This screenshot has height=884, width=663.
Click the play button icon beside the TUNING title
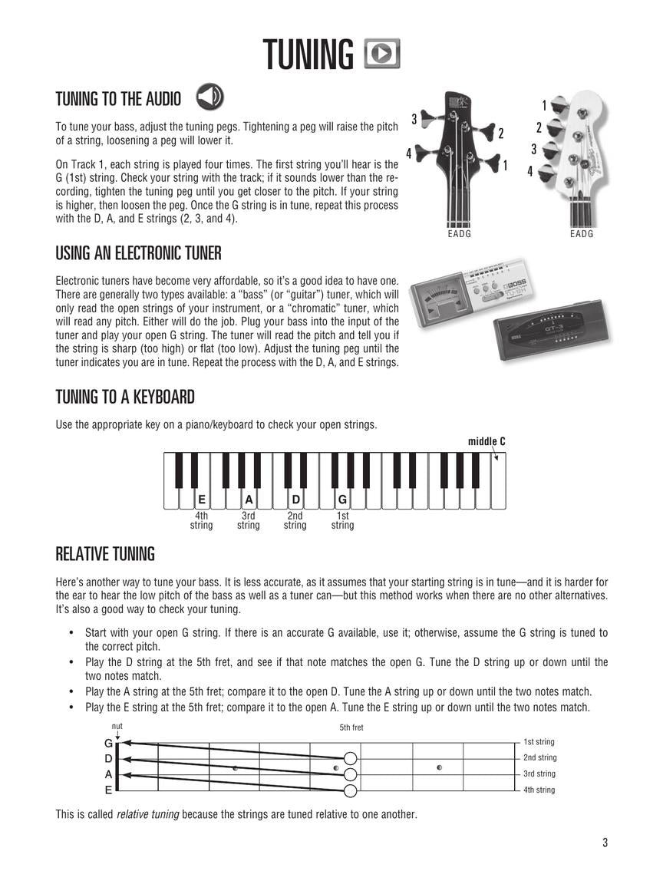[382, 54]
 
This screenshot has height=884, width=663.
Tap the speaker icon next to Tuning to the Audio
[209, 97]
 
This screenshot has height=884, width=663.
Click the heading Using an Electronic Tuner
[138, 253]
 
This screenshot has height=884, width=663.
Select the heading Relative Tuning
[105, 554]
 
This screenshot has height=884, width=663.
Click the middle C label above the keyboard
[487, 441]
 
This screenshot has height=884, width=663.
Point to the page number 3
[605, 843]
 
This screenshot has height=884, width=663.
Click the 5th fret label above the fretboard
[351, 727]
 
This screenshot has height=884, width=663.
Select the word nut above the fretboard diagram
[117, 726]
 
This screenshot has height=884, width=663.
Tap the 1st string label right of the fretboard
[539, 742]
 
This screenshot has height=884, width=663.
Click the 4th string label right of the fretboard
[539, 790]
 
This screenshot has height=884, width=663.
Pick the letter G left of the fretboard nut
[108, 743]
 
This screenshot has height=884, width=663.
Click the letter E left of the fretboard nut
[108, 790]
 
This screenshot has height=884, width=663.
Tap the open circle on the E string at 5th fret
[351, 791]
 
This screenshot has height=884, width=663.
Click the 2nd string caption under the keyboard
[295, 521]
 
